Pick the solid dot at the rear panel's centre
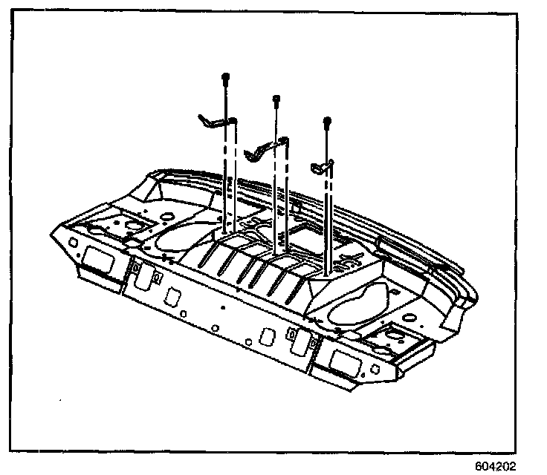tap(223, 307)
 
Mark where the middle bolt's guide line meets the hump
tap(276, 252)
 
